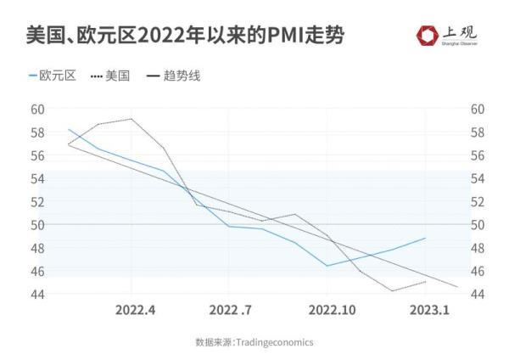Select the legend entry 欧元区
(x=53, y=76)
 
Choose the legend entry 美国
(x=111, y=76)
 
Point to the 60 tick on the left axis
(x=37, y=109)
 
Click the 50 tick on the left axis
(x=37, y=225)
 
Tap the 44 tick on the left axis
(x=37, y=294)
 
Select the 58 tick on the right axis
(x=477, y=132)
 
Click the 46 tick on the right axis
(x=477, y=271)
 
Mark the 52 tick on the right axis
(x=477, y=202)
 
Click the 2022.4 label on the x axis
(x=135, y=310)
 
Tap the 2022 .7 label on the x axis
(x=230, y=310)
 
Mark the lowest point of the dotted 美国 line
(x=392, y=290)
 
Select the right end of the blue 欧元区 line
(x=425, y=238)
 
